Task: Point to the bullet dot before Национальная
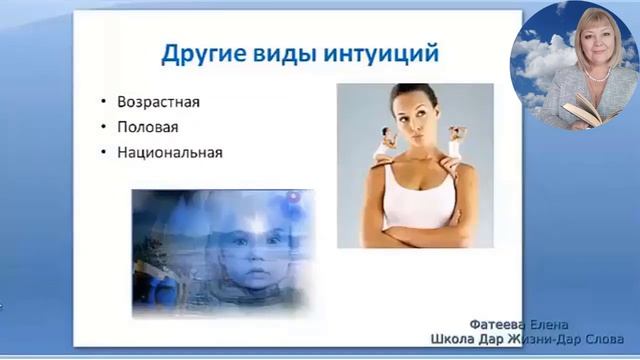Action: (105, 154)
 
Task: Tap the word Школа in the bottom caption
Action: (453, 340)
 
